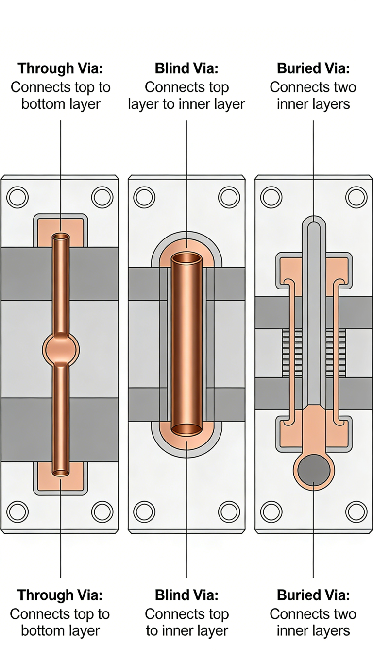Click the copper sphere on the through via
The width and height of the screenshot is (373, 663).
pyautogui.click(x=61, y=349)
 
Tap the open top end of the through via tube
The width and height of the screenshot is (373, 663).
pyautogui.click(x=61, y=237)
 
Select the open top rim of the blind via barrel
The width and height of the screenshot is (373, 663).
pyautogui.click(x=187, y=258)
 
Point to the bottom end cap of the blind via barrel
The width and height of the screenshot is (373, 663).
pyautogui.click(x=187, y=429)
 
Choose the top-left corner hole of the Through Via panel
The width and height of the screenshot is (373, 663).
pyautogui.click(x=17, y=197)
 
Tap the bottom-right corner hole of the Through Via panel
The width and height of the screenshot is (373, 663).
pyautogui.click(x=102, y=511)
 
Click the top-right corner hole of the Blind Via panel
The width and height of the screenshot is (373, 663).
pyautogui.click(x=229, y=197)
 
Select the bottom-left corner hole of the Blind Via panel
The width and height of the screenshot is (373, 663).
pyautogui.click(x=144, y=511)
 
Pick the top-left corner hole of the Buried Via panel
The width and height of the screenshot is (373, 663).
pyautogui.click(x=271, y=197)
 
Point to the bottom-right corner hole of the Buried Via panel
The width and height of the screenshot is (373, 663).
pyautogui.click(x=356, y=511)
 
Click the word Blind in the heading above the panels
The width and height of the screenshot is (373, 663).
pyautogui.click(x=171, y=68)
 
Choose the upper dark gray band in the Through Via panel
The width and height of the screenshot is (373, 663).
pyautogui.click(x=27, y=273)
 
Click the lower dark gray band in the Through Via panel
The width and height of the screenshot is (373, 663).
pyautogui.click(x=27, y=430)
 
